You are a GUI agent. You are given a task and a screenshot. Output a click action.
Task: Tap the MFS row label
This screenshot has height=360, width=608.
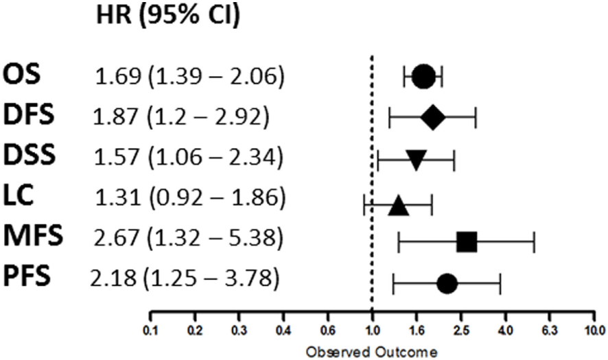click(x=32, y=238)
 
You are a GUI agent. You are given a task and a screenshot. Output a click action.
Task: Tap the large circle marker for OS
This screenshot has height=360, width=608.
click(x=423, y=77)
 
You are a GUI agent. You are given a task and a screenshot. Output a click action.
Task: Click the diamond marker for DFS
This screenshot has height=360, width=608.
click(x=433, y=118)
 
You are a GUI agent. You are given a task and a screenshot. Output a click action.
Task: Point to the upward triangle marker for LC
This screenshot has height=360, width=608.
click(x=399, y=204)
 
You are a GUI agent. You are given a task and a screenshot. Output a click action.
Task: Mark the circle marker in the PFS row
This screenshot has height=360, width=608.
click(x=447, y=283)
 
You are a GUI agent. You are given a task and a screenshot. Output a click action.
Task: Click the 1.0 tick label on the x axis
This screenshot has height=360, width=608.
click(x=372, y=333)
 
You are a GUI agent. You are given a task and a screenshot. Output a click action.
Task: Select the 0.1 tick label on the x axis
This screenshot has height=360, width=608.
click(x=150, y=333)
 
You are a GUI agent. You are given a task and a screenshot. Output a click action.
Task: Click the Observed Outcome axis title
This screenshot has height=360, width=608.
click(x=371, y=352)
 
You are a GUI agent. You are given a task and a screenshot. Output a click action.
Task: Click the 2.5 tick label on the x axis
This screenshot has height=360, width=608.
click(x=460, y=333)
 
